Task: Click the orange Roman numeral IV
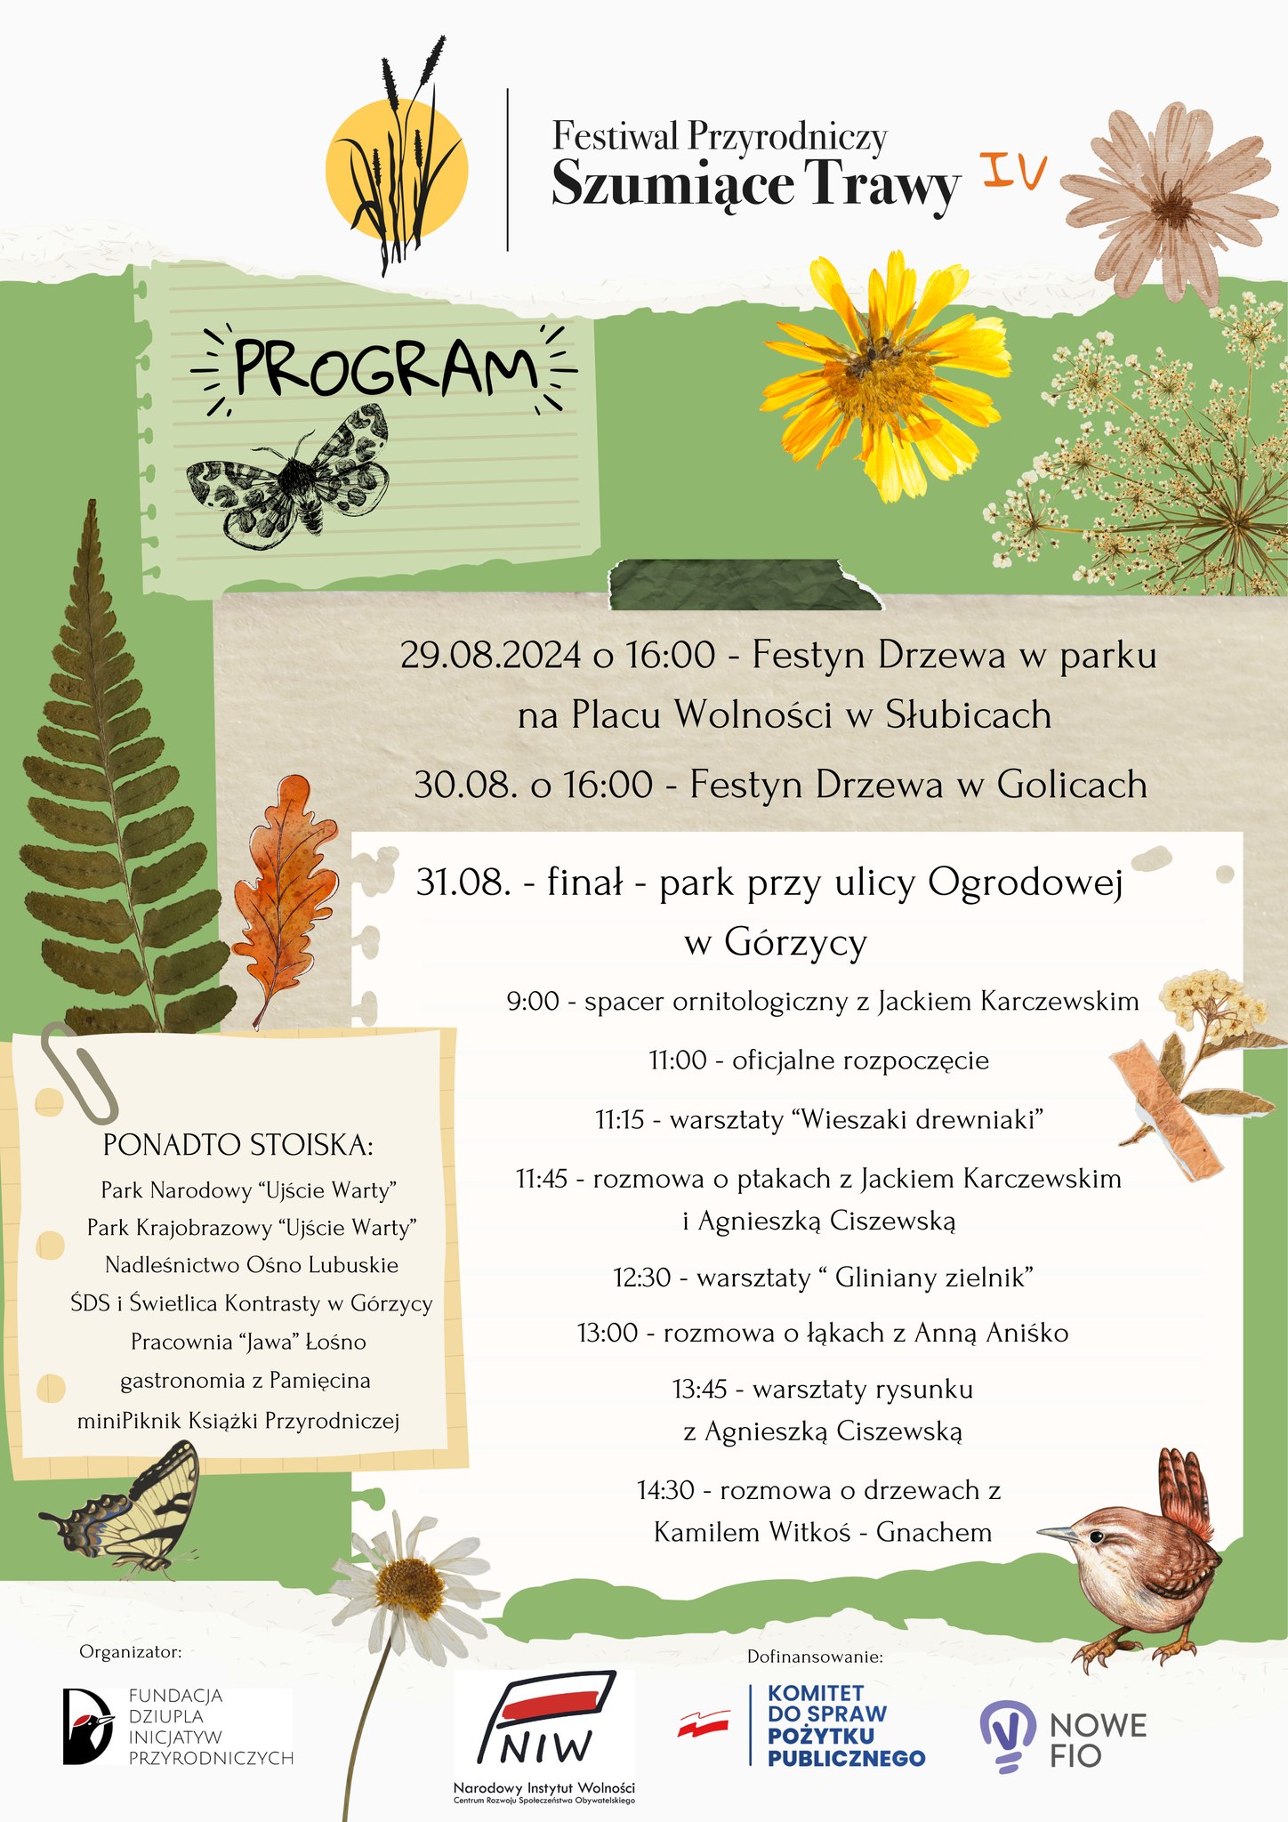(x=1015, y=171)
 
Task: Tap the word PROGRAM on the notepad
(x=385, y=368)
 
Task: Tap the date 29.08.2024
(x=490, y=656)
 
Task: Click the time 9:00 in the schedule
(x=533, y=1002)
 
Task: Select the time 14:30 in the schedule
(x=665, y=1490)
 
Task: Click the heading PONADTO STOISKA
(x=237, y=1145)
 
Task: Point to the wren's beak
(x=1056, y=1533)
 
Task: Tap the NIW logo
(x=545, y=1721)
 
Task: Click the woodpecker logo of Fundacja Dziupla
(x=87, y=1726)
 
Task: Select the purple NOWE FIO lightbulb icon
(x=1008, y=1735)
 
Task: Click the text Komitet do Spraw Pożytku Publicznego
(x=846, y=1726)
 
